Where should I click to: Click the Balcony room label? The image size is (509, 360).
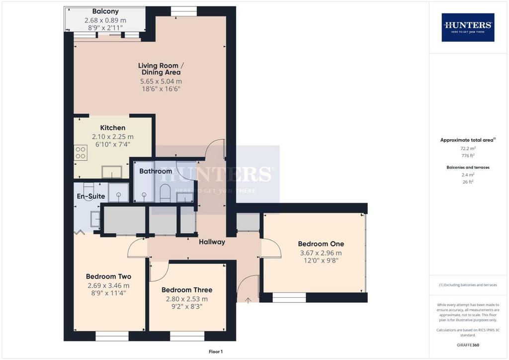[x=105, y=11]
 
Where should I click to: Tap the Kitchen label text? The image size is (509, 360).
[x=113, y=128]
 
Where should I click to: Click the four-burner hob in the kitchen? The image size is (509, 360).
[x=81, y=153]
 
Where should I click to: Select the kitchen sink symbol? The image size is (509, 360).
[x=112, y=172]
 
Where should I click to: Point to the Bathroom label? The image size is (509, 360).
[x=156, y=171]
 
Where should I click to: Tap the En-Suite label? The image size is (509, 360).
[x=91, y=196]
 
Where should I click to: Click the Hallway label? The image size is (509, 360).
[x=212, y=242]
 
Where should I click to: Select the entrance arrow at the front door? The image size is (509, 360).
[x=248, y=300]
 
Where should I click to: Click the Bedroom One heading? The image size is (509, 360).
[x=321, y=244]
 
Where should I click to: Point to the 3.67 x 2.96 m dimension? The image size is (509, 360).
[x=321, y=253]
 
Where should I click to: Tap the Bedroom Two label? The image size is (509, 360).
[x=108, y=276]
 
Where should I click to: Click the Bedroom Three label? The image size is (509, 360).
[x=187, y=290]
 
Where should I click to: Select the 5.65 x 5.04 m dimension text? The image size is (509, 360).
[x=161, y=82]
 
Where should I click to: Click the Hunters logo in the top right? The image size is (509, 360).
[x=468, y=27]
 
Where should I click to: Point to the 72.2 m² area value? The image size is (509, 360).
[x=468, y=148]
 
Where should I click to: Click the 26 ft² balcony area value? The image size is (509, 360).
[x=468, y=182]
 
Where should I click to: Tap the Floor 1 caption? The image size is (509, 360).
[x=216, y=352]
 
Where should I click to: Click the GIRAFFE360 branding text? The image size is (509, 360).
[x=468, y=345]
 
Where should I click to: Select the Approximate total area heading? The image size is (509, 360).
[x=468, y=140]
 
